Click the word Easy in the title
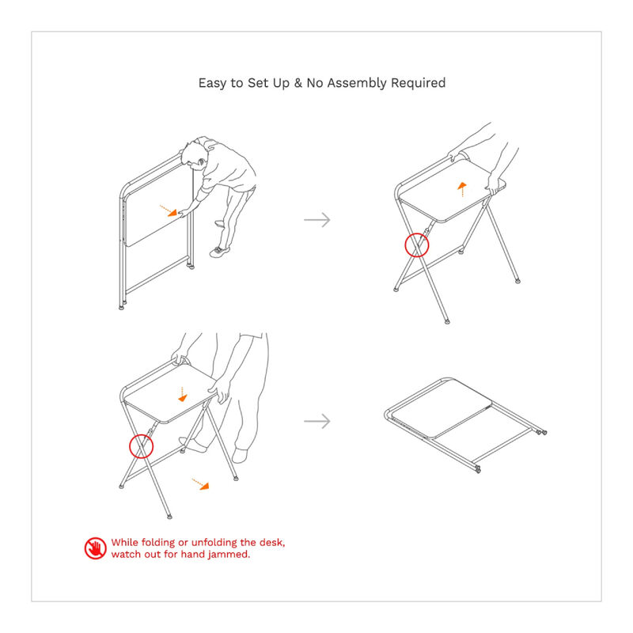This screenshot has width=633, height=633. [212, 83]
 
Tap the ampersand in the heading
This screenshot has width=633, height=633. [298, 83]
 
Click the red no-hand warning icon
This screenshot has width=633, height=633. [94, 548]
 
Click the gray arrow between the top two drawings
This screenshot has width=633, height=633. [316, 220]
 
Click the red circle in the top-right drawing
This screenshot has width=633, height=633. [416, 245]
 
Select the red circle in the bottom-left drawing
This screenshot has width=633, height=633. [140, 446]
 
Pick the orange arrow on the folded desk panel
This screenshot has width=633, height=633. [167, 210]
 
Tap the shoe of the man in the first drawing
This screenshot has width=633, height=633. [220, 250]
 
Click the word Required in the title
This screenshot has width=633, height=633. [419, 83]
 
